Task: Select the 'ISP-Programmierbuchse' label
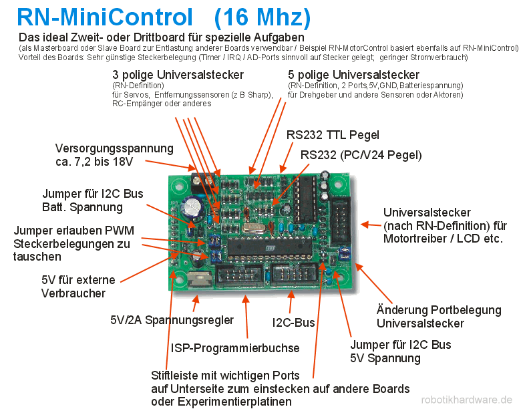(235, 348)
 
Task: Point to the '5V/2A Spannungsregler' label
(172, 320)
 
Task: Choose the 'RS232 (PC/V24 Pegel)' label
(361, 155)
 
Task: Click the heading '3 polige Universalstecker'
(178, 75)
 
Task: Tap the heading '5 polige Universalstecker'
(353, 75)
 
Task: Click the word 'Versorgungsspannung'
(114, 148)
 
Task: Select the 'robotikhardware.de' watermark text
(467, 400)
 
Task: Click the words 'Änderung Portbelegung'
(439, 309)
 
